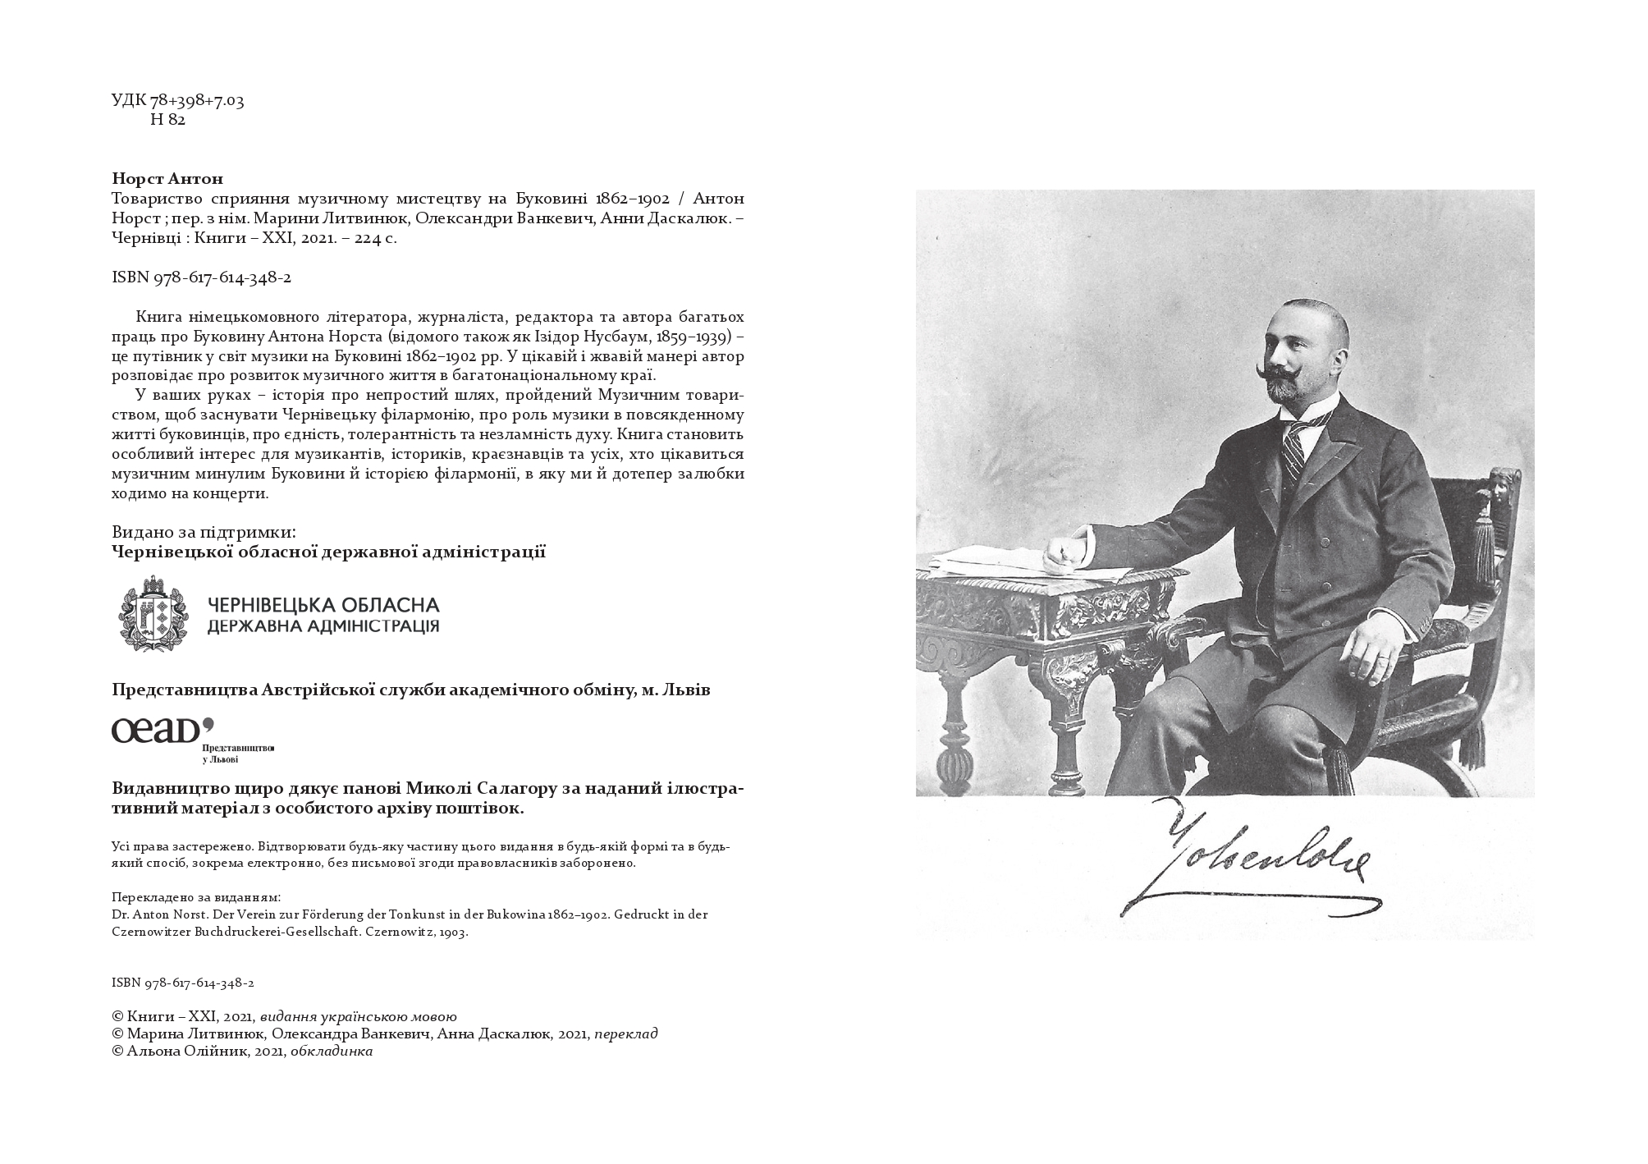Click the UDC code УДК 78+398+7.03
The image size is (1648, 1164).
177,101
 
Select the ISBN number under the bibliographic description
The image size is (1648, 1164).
201,277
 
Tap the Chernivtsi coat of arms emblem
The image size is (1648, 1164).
154,614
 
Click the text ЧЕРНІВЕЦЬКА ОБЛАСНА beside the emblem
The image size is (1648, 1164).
323,606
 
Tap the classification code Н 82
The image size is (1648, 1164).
168,120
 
